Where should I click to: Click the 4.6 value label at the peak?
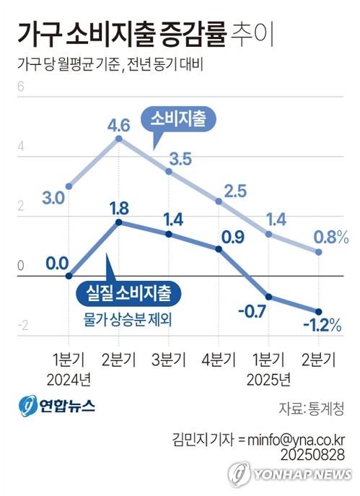(119, 125)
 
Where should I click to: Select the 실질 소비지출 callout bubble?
(128, 293)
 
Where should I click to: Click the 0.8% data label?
(332, 236)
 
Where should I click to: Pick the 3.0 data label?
(56, 197)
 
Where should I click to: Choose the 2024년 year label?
(69, 378)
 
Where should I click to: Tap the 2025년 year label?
(268, 378)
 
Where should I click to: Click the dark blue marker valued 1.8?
(119, 222)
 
